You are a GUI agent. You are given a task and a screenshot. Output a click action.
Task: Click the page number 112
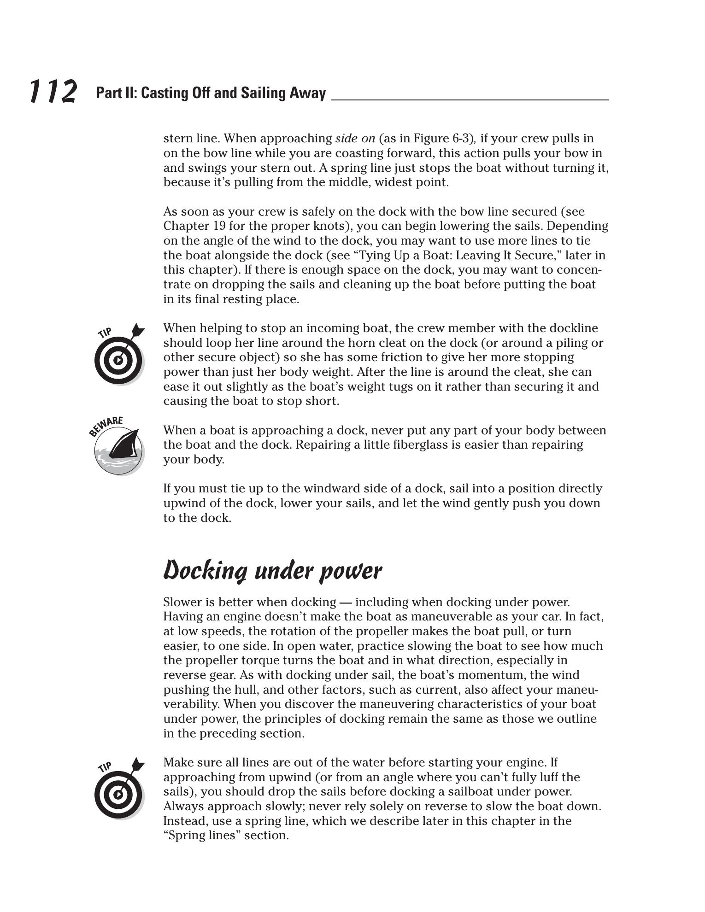[x=53, y=91]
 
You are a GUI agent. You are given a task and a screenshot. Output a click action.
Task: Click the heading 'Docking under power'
[x=272, y=571]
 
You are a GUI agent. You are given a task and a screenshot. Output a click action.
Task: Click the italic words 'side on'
[x=355, y=139]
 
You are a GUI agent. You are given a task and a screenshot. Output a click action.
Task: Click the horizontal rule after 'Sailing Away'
[x=470, y=99]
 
